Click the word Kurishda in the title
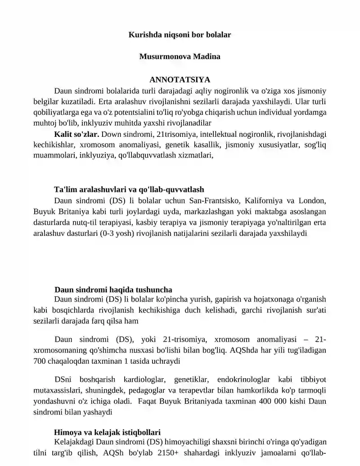143,34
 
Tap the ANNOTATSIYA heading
180,80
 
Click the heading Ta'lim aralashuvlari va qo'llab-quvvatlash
129,190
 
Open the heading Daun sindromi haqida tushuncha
113,289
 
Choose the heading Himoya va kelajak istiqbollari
107,432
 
